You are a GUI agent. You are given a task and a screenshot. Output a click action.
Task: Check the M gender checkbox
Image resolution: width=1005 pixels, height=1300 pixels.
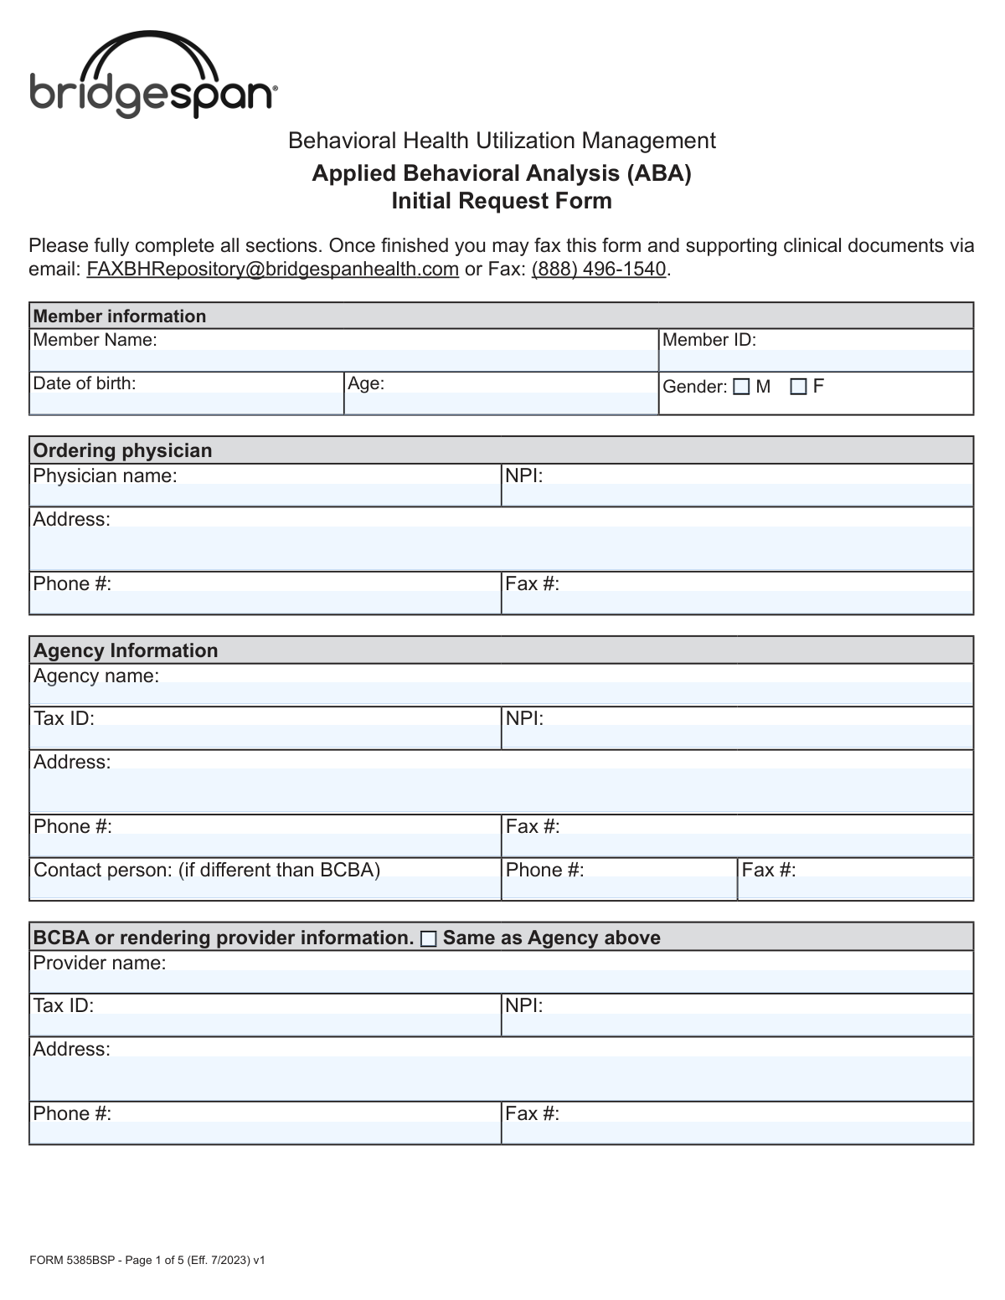(x=741, y=387)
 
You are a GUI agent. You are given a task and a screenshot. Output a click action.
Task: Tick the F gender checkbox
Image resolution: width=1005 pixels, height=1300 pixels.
(x=799, y=387)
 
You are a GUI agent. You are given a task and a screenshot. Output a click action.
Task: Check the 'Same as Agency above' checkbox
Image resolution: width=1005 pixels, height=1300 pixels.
(x=429, y=939)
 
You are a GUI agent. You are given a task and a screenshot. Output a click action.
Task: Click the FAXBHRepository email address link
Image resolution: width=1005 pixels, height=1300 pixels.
(x=272, y=269)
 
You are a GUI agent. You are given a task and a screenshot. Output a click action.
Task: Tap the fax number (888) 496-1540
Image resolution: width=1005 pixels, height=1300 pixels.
(x=599, y=269)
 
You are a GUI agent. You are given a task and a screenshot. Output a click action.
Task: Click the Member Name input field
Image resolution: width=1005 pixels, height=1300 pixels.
(x=343, y=360)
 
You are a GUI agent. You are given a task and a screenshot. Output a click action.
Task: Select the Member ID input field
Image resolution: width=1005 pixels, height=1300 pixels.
(x=816, y=360)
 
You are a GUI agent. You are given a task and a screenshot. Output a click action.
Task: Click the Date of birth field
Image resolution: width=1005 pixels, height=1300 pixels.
(x=186, y=403)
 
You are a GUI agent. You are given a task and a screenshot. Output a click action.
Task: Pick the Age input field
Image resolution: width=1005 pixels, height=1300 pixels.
(x=501, y=403)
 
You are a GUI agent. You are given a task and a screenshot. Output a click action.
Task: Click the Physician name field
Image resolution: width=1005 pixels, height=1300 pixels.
(x=265, y=495)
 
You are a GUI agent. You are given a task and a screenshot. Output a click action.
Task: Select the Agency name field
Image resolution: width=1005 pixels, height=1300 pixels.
(x=501, y=694)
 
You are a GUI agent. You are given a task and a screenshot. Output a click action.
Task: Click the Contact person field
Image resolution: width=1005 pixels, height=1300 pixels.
(x=265, y=888)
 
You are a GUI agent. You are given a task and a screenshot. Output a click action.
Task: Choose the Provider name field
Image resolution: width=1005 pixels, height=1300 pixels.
(x=501, y=981)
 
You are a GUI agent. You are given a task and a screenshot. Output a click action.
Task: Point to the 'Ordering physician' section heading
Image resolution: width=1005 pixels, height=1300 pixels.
(x=122, y=450)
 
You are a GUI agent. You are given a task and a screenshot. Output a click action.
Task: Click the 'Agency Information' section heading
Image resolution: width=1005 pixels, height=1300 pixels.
(x=126, y=650)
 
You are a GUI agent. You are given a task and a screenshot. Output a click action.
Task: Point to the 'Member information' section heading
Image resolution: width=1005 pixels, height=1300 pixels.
(x=119, y=316)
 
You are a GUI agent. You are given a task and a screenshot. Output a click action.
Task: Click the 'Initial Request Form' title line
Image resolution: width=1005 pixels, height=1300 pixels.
(x=502, y=201)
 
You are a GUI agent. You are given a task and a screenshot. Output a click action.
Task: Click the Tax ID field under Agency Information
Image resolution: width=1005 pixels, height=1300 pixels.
(x=265, y=737)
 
